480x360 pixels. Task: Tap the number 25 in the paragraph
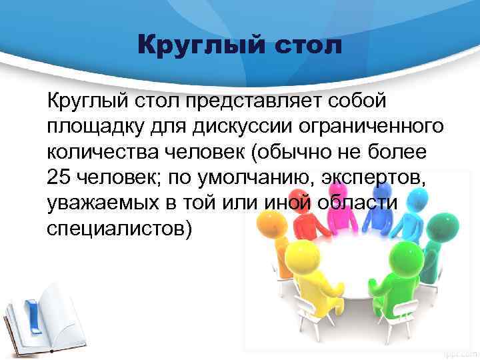coord(59,178)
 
